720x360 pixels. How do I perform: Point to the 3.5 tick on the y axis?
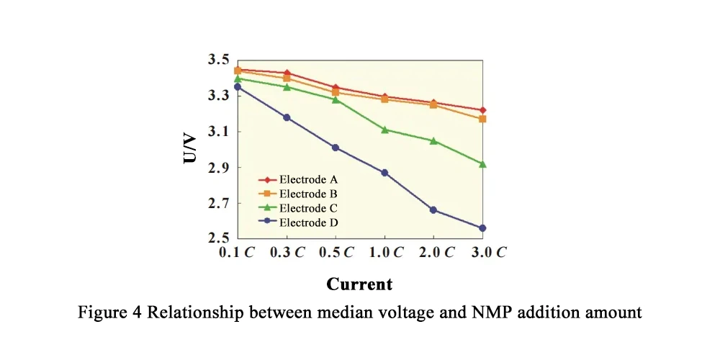217,60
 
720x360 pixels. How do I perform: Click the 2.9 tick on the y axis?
217,168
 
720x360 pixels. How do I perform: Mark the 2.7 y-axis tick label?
217,204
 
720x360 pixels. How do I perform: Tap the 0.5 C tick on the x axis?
336,253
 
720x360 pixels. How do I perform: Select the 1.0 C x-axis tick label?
385,253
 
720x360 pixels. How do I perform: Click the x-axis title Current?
359,284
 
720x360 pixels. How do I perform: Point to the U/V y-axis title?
190,148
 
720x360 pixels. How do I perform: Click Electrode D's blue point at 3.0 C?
482,228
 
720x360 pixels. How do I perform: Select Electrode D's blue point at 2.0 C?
433,210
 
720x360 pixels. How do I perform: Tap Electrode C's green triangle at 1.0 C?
384,130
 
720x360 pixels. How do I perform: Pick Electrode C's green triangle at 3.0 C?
482,164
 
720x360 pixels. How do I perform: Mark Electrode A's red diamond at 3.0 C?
482,110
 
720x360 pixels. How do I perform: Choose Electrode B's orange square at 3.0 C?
482,119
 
